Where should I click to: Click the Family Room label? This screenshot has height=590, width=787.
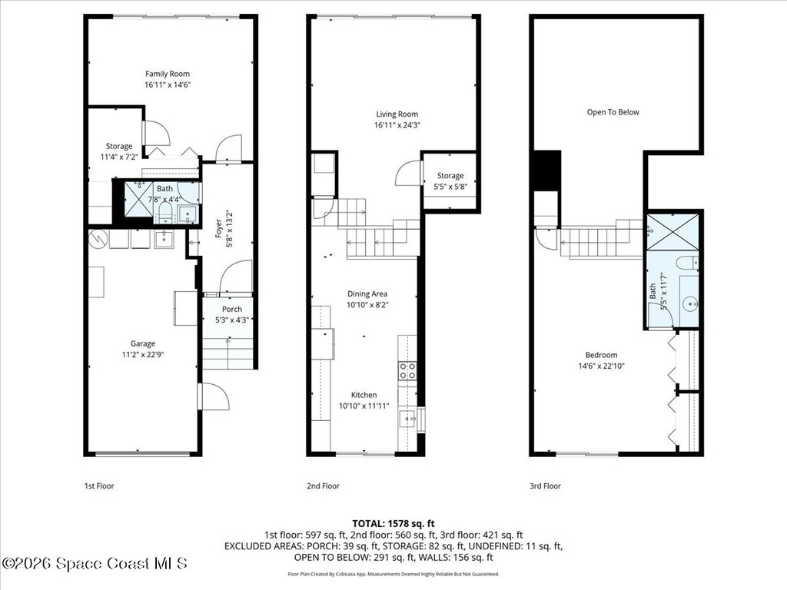[168, 74]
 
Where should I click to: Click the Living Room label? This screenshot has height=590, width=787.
[397, 114]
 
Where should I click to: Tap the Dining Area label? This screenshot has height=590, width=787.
[367, 293]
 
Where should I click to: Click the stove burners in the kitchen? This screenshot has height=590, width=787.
[407, 371]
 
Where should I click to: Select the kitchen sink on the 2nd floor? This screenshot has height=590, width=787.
[407, 418]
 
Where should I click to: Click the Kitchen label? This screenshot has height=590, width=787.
[364, 395]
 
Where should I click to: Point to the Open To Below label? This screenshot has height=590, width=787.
[613, 112]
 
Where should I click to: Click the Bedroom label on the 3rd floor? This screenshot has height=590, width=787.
[601, 355]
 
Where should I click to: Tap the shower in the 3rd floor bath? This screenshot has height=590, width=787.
[672, 232]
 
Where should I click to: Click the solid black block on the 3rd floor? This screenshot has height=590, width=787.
[546, 171]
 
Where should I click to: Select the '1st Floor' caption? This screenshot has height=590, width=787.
[100, 486]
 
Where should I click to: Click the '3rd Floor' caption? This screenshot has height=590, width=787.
[545, 486]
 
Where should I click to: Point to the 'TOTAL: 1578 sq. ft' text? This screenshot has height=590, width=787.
[393, 523]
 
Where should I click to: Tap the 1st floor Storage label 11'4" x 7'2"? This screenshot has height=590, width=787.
[119, 146]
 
